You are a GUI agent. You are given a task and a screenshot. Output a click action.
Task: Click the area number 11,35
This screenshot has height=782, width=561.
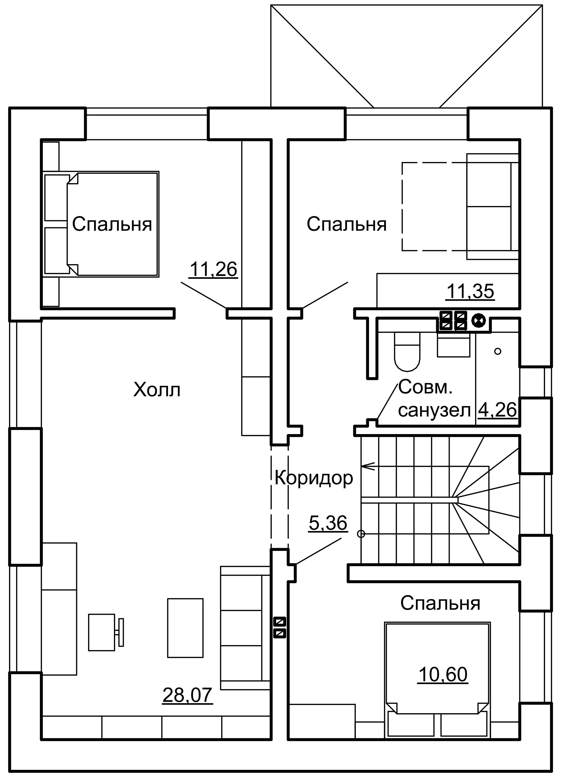(x=470, y=291)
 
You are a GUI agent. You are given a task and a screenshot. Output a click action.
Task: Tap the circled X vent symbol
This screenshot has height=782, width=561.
(x=478, y=321)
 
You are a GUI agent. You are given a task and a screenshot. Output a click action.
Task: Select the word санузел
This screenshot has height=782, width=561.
(x=434, y=410)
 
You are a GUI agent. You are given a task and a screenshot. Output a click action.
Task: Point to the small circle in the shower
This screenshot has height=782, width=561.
(x=498, y=351)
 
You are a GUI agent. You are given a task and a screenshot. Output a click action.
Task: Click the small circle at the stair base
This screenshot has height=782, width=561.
(x=361, y=534)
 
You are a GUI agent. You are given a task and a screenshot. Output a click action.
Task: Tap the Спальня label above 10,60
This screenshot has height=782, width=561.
(x=440, y=603)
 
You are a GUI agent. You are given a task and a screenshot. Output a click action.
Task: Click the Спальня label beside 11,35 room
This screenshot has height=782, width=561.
(x=347, y=224)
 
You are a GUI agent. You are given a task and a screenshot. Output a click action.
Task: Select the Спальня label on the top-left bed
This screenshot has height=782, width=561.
(x=112, y=224)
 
